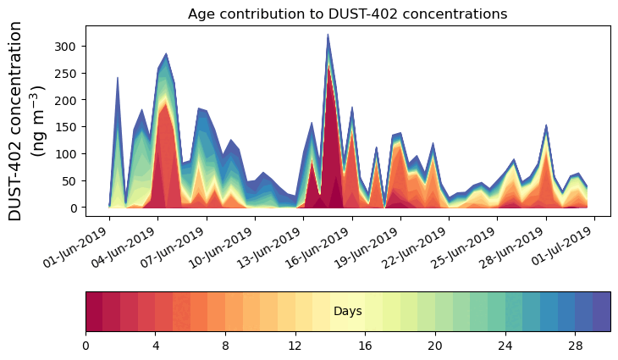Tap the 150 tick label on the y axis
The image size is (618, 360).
point(69,127)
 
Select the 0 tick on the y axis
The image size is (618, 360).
point(74,208)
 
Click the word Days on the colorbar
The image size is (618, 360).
point(348,312)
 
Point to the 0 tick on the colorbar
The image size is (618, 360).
point(86,346)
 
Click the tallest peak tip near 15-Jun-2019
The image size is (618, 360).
point(328,35)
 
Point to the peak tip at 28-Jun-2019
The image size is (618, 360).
point(546,125)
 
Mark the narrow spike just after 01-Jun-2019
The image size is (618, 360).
point(117,78)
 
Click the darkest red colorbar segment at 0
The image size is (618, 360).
point(94,312)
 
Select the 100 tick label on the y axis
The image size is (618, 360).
point(69,154)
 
